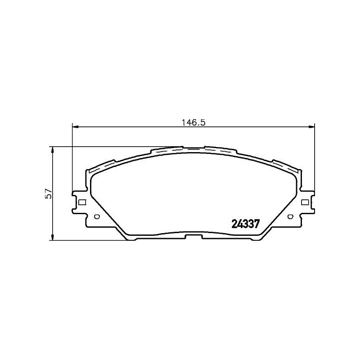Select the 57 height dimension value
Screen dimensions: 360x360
pos(49,194)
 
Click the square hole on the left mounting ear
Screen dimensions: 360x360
pos(81,202)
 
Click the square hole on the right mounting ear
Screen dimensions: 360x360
pos(305,202)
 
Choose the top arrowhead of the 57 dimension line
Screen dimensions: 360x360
pos(53,149)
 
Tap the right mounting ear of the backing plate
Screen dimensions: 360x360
pos(307,202)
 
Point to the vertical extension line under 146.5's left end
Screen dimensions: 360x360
pos(72,157)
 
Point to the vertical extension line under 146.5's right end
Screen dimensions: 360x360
pos(315,157)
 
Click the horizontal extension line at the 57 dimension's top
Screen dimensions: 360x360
pos(112,146)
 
